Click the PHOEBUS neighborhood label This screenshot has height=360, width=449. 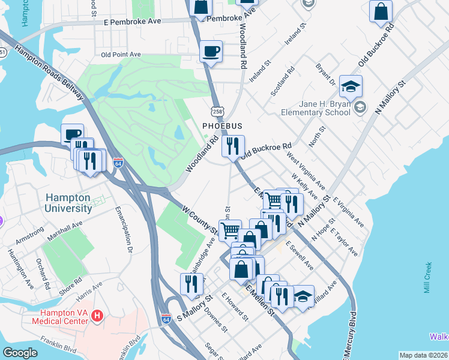221,126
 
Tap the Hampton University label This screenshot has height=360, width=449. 67,203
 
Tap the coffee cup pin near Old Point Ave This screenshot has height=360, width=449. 211,52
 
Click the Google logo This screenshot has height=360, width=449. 20,353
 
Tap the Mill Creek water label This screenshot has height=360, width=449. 427,277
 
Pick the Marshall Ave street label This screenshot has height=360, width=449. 64,232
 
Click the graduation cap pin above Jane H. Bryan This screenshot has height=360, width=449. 351,87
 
